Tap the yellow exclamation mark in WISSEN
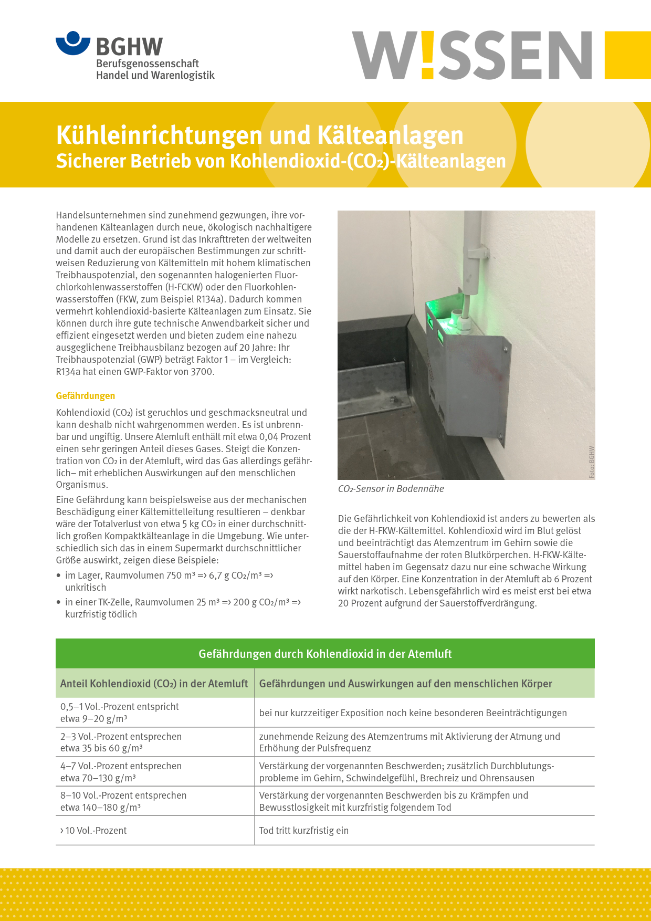pyautogui.click(x=428, y=54)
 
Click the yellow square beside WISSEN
pyautogui.click(x=627, y=55)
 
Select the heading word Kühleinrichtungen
pyautogui.click(x=159, y=135)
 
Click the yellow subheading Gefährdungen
pyautogui.click(x=86, y=395)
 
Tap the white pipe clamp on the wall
pyautogui.click(x=478, y=253)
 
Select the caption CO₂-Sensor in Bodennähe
pyautogui.click(x=391, y=489)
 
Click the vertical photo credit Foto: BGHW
pyautogui.click(x=592, y=462)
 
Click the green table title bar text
pyautogui.click(x=325, y=654)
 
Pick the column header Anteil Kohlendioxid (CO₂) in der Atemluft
pyautogui.click(x=154, y=684)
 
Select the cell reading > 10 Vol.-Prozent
pyautogui.click(x=94, y=831)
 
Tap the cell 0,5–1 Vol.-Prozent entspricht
pyautogui.click(x=120, y=707)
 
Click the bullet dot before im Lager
pyautogui.click(x=59, y=575)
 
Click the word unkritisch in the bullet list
pyautogui.click(x=86, y=588)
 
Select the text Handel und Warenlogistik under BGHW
pyautogui.click(x=155, y=75)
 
